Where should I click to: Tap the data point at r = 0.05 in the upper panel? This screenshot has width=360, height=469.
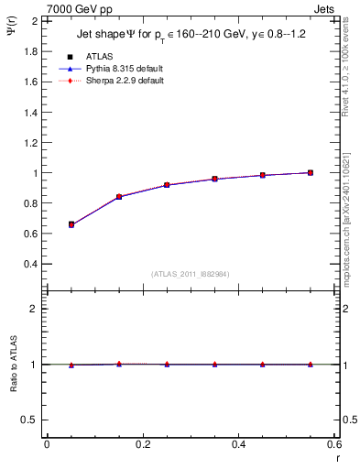click(x=71, y=224)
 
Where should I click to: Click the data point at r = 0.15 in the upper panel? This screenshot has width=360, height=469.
click(x=119, y=196)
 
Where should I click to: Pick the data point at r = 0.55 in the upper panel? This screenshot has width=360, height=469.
click(x=311, y=172)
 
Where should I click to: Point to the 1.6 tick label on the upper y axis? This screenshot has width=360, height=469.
click(x=30, y=82)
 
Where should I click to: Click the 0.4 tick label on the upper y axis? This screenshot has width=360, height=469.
click(x=30, y=264)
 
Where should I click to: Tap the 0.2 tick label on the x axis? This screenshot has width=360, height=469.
click(x=142, y=444)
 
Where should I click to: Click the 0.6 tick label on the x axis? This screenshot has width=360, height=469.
click(x=333, y=444)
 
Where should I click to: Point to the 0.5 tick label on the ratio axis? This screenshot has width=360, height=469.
click(x=30, y=420)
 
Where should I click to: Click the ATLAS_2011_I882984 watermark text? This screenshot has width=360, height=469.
click(x=191, y=274)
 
